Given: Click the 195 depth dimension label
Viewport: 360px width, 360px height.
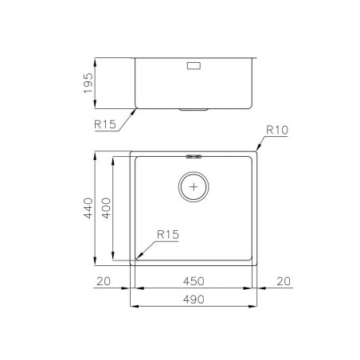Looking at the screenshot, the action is (x=88, y=83).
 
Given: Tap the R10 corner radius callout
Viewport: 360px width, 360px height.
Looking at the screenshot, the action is (x=277, y=130).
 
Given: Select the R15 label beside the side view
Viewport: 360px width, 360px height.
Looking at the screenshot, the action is (x=105, y=124).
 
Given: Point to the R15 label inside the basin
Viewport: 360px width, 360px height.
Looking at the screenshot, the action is (x=168, y=234).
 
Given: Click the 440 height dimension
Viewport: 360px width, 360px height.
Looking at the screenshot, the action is (x=88, y=208).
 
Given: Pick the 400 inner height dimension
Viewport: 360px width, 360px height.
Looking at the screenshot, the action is (x=106, y=208).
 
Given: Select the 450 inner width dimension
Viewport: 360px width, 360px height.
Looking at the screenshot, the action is (x=194, y=281).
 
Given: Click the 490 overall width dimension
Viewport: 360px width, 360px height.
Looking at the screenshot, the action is (x=194, y=299).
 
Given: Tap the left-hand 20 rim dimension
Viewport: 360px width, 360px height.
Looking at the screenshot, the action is (x=104, y=281).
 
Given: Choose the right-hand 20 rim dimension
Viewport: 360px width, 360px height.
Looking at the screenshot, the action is (x=284, y=281).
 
